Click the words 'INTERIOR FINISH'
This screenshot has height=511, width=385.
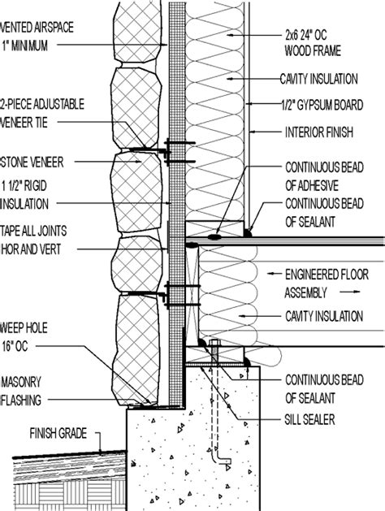pyautogui.click(x=319, y=132)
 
